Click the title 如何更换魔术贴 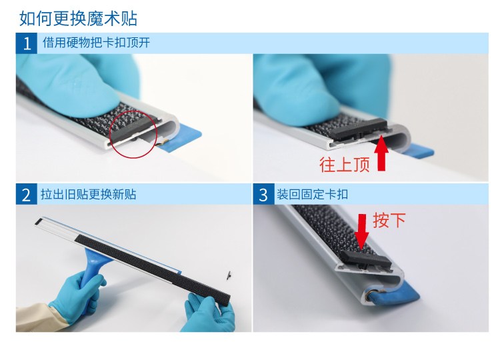point(78,18)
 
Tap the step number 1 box point(27,43)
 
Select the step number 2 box point(27,194)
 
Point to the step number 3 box point(263,194)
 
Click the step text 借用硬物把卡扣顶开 point(96,43)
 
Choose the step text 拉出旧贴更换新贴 point(88,194)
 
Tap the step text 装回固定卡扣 point(312,194)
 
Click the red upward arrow point(381,153)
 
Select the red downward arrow point(361,231)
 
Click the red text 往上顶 point(345,165)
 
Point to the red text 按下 point(389,220)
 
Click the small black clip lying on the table point(229,276)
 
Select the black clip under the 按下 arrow point(367,258)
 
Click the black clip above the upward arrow point(358,129)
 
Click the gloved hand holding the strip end point(209,313)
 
